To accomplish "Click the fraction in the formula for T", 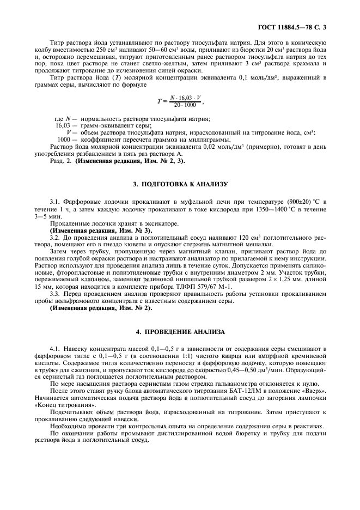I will coord(183,101).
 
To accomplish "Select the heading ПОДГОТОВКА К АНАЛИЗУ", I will coord(180,185).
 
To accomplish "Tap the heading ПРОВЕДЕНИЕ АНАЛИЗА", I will coord(180,332).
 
